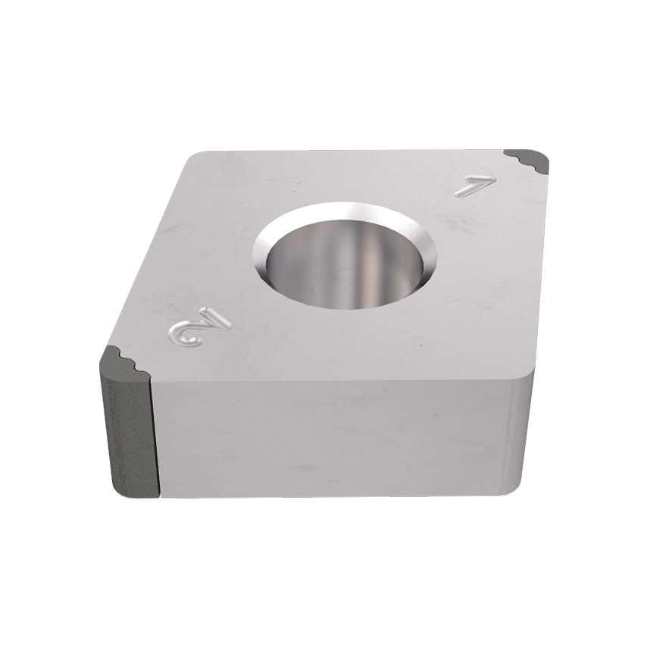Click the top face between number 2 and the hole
(235, 303)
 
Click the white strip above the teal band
(323, 61)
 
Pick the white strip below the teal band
(323, 583)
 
